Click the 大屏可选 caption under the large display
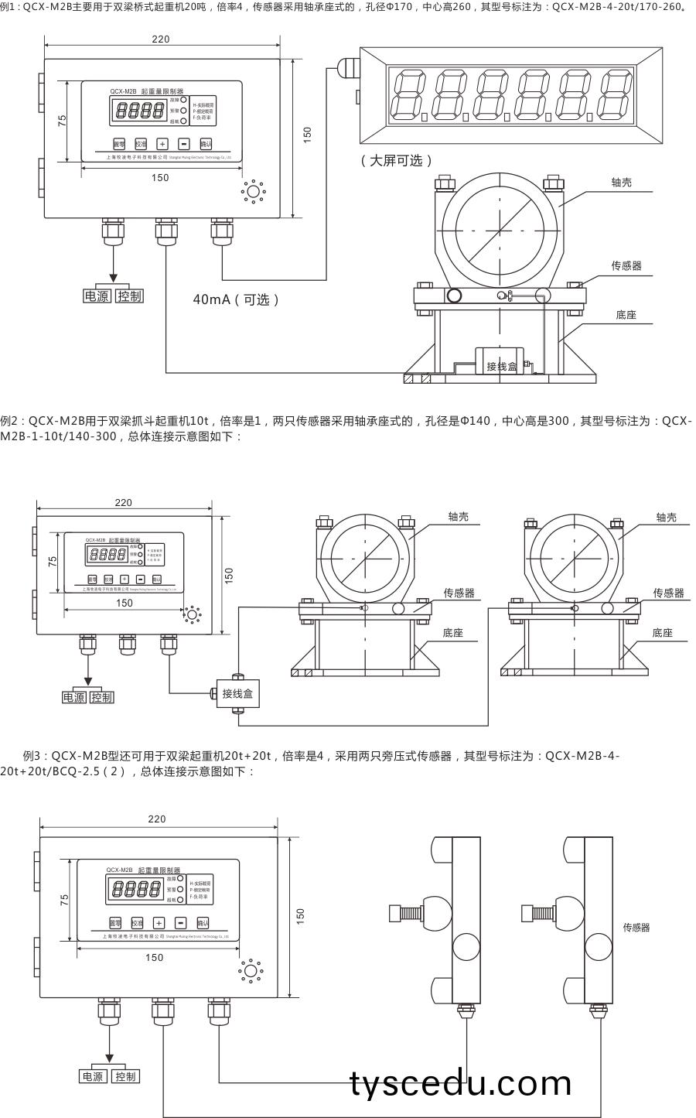tap(397, 160)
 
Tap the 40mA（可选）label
tap(236, 299)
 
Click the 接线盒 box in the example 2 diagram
tap(237, 693)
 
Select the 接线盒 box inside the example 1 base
tap(501, 365)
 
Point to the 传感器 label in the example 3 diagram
tap(636, 927)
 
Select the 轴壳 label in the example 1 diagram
tap(622, 182)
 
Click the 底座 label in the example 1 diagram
tap(626, 316)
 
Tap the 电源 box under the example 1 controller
tap(97, 296)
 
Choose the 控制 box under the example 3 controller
tap(125, 1076)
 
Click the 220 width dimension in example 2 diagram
tap(124, 502)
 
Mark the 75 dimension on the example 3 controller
tap(64, 899)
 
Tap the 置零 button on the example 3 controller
tap(115, 922)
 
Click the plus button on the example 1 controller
tap(162, 144)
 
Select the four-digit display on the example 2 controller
tap(107, 554)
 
